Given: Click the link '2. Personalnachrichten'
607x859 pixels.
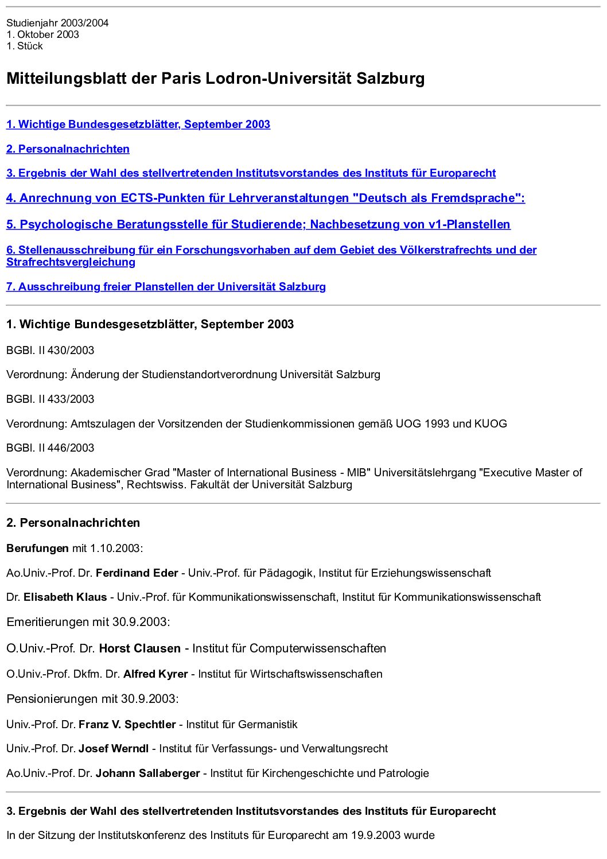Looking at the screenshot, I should click(68, 149).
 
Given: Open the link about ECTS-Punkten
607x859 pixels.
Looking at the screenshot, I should click(265, 198).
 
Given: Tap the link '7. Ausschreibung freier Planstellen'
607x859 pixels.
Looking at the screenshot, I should click(166, 287).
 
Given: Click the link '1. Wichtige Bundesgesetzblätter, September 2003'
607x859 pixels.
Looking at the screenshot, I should click(138, 125).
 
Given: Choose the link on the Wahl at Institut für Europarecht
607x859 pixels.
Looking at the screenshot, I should click(251, 173).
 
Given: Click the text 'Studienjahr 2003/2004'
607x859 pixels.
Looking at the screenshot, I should click(57, 23).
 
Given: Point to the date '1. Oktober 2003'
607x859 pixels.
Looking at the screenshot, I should click(43, 34).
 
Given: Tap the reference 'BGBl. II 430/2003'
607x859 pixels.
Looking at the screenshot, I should click(50, 350).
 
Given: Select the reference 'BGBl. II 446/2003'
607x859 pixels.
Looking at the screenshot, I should click(50, 448).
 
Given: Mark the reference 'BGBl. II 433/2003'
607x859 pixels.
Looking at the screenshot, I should click(50, 399).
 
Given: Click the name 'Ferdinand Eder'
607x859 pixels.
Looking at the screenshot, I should click(137, 573).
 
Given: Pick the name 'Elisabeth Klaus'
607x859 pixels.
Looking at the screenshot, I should click(65, 597).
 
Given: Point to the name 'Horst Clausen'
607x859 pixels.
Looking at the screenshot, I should click(139, 648).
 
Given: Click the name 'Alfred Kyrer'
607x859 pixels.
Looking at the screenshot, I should click(155, 674).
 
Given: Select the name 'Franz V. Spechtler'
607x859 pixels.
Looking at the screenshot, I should click(127, 724).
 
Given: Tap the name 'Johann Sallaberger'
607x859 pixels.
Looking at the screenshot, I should click(147, 773).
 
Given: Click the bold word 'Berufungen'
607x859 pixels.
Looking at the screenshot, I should click(37, 548).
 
